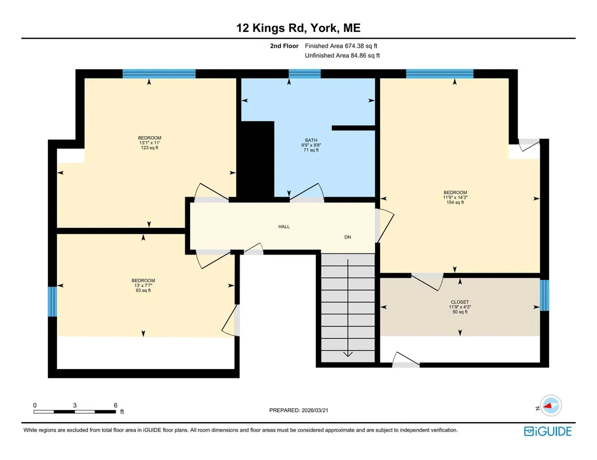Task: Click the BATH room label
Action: pyautogui.click(x=311, y=140)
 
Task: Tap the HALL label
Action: pyautogui.click(x=284, y=227)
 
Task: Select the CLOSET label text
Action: pyautogui.click(x=460, y=302)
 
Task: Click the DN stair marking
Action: pyautogui.click(x=347, y=237)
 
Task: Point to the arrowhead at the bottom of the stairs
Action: pyautogui.click(x=348, y=354)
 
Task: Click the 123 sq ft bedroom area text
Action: pyautogui.click(x=150, y=147)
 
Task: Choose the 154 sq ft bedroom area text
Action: pyautogui.click(x=455, y=202)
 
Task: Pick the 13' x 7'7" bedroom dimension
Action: pyautogui.click(x=143, y=285)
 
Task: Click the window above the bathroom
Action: pyautogui.click(x=304, y=74)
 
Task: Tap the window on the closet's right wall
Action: pyautogui.click(x=545, y=295)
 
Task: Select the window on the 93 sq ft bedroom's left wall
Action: pyautogui.click(x=52, y=302)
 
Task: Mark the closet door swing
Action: pyautogui.click(x=427, y=282)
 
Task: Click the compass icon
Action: pyautogui.click(x=550, y=406)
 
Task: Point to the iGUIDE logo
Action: pyautogui.click(x=548, y=431)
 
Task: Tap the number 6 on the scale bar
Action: pyautogui.click(x=115, y=405)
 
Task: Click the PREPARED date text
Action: pyautogui.click(x=298, y=410)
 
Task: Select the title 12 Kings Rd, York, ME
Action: pyautogui.click(x=298, y=28)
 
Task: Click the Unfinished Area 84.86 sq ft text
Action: pyautogui.click(x=342, y=55)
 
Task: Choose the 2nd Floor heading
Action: pyautogui.click(x=285, y=46)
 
